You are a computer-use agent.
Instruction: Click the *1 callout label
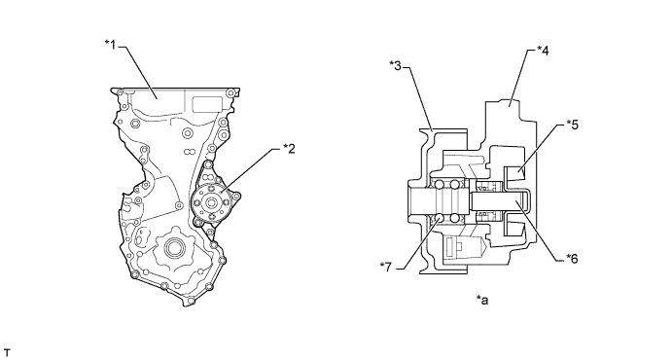point(111,44)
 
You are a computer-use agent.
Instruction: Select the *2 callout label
point(289,149)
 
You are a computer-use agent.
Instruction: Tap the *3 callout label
point(396,65)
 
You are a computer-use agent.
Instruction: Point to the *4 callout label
point(543,51)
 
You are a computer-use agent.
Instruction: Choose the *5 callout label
point(572,125)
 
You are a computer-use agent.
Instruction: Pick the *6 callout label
point(572,259)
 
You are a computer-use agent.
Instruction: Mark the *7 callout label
point(386,267)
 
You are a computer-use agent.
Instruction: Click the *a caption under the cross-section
point(482,300)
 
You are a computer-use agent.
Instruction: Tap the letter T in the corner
point(7,353)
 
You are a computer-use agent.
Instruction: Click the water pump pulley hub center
point(211,202)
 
